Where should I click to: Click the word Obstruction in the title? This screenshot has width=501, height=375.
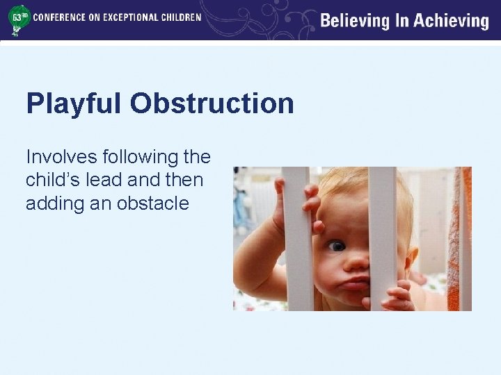coord(212,104)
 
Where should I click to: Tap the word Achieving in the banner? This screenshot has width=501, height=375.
coord(452,21)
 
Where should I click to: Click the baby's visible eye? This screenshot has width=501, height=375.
coord(336,246)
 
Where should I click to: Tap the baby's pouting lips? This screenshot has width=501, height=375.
coord(354,283)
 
